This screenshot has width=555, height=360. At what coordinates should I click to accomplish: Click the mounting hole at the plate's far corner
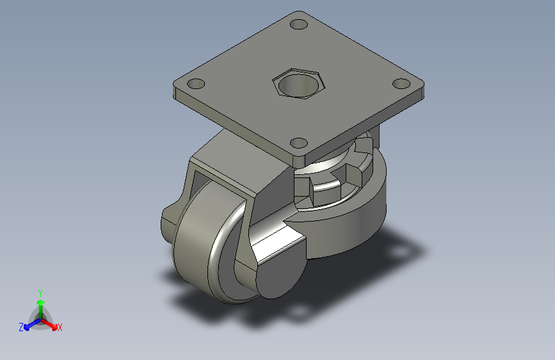pos(299,24)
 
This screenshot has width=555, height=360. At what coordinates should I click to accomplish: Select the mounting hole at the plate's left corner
pos(196,84)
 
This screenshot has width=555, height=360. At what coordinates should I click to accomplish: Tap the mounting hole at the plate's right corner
pos(401,84)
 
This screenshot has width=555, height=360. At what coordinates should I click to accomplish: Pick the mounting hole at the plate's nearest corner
pos(299,143)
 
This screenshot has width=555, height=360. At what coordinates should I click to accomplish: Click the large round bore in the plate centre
pos(299,85)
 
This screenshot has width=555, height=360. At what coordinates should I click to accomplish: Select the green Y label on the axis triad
pos(40,293)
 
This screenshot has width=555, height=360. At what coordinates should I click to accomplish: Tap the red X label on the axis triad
pos(60,328)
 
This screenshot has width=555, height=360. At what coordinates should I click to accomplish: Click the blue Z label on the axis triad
pos(21,327)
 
